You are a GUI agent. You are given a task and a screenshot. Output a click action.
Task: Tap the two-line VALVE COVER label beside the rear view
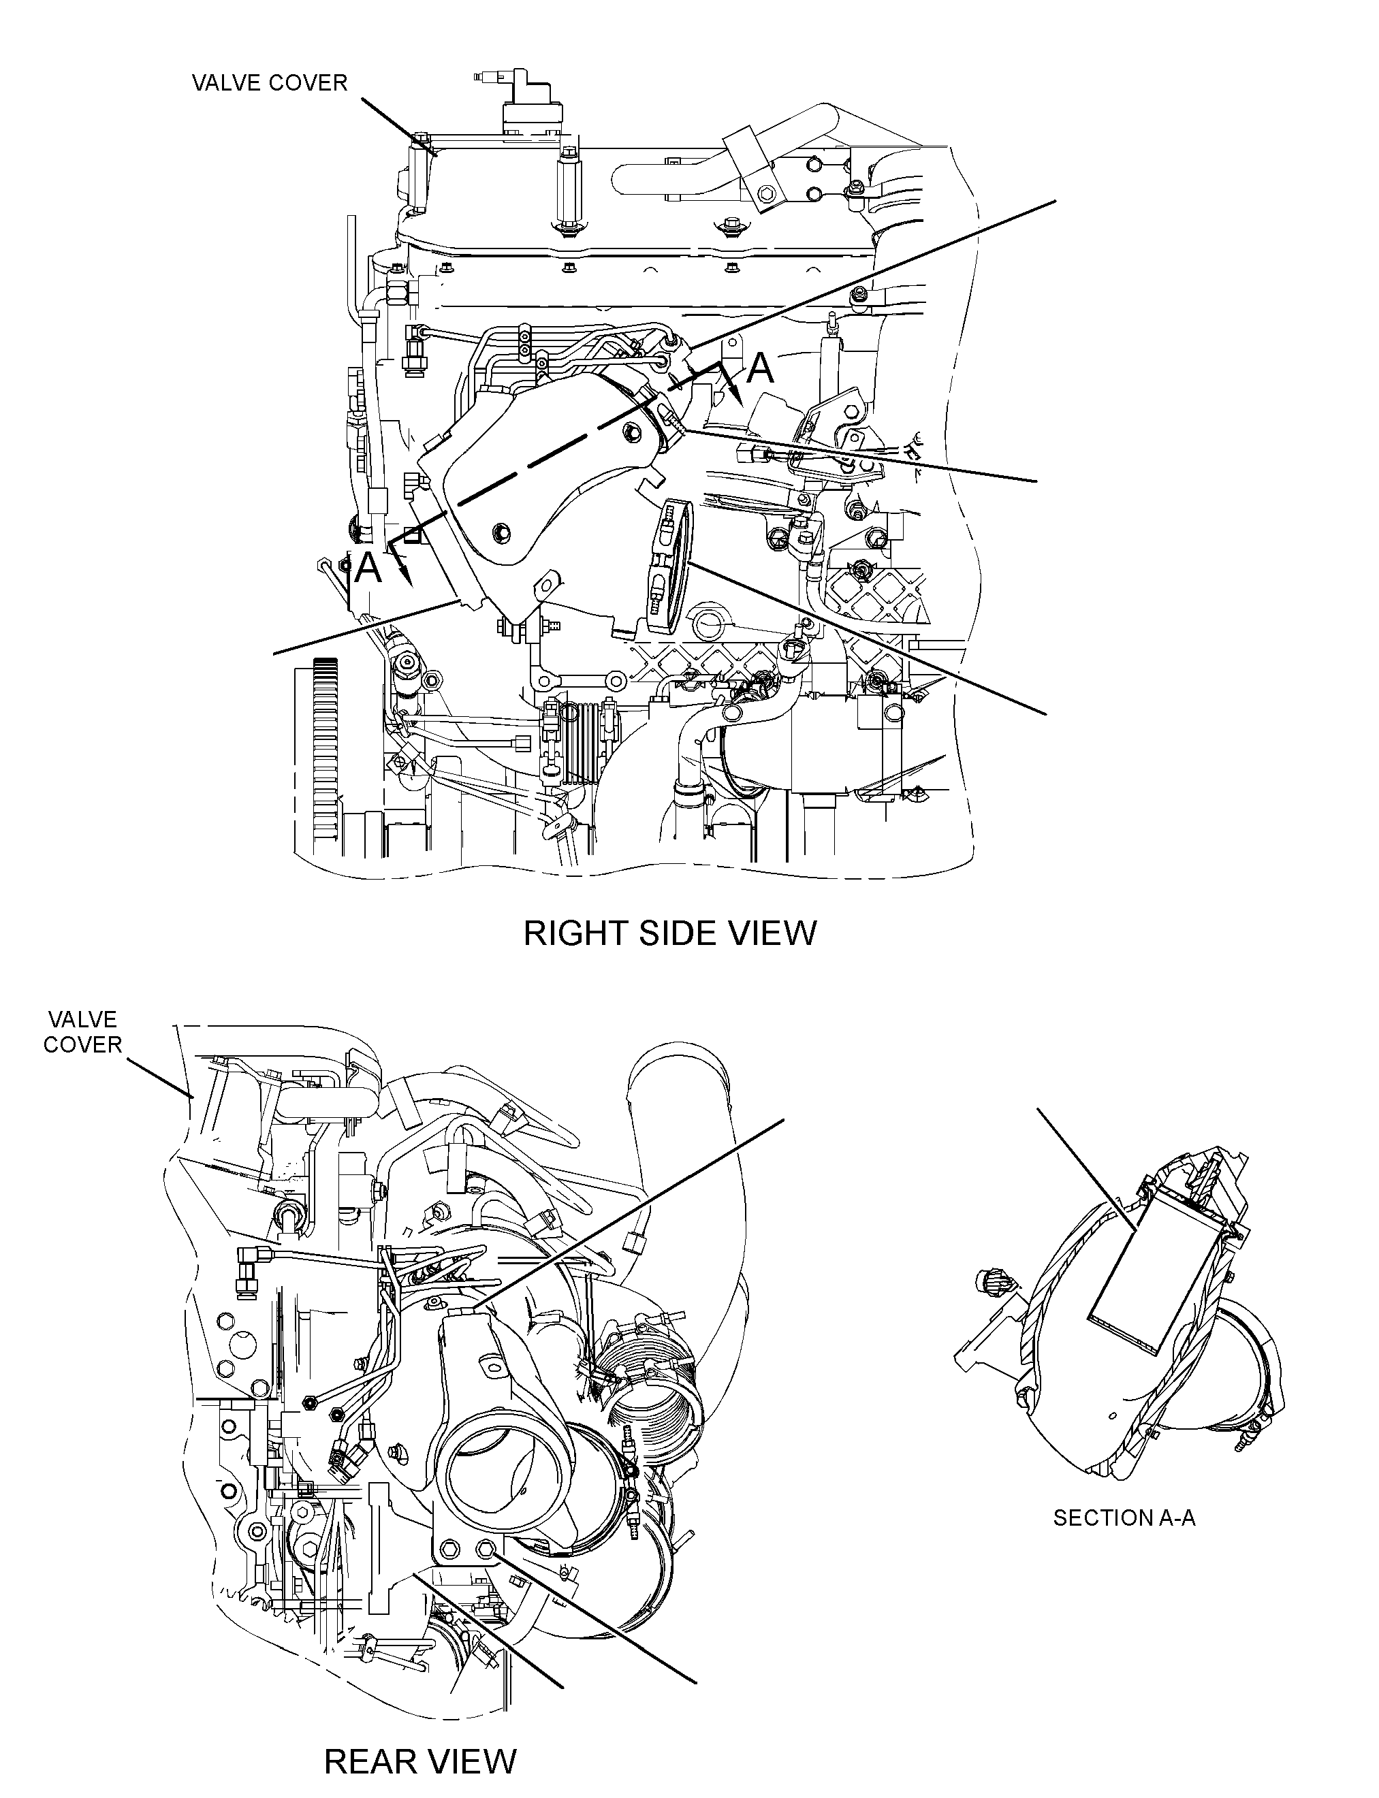click(x=82, y=1031)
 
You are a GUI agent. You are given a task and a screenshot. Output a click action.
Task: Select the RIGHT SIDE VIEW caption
click(x=670, y=933)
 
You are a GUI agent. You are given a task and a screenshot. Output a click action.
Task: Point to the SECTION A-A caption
click(x=1124, y=1518)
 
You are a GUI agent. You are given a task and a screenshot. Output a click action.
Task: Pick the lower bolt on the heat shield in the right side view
click(x=499, y=534)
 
